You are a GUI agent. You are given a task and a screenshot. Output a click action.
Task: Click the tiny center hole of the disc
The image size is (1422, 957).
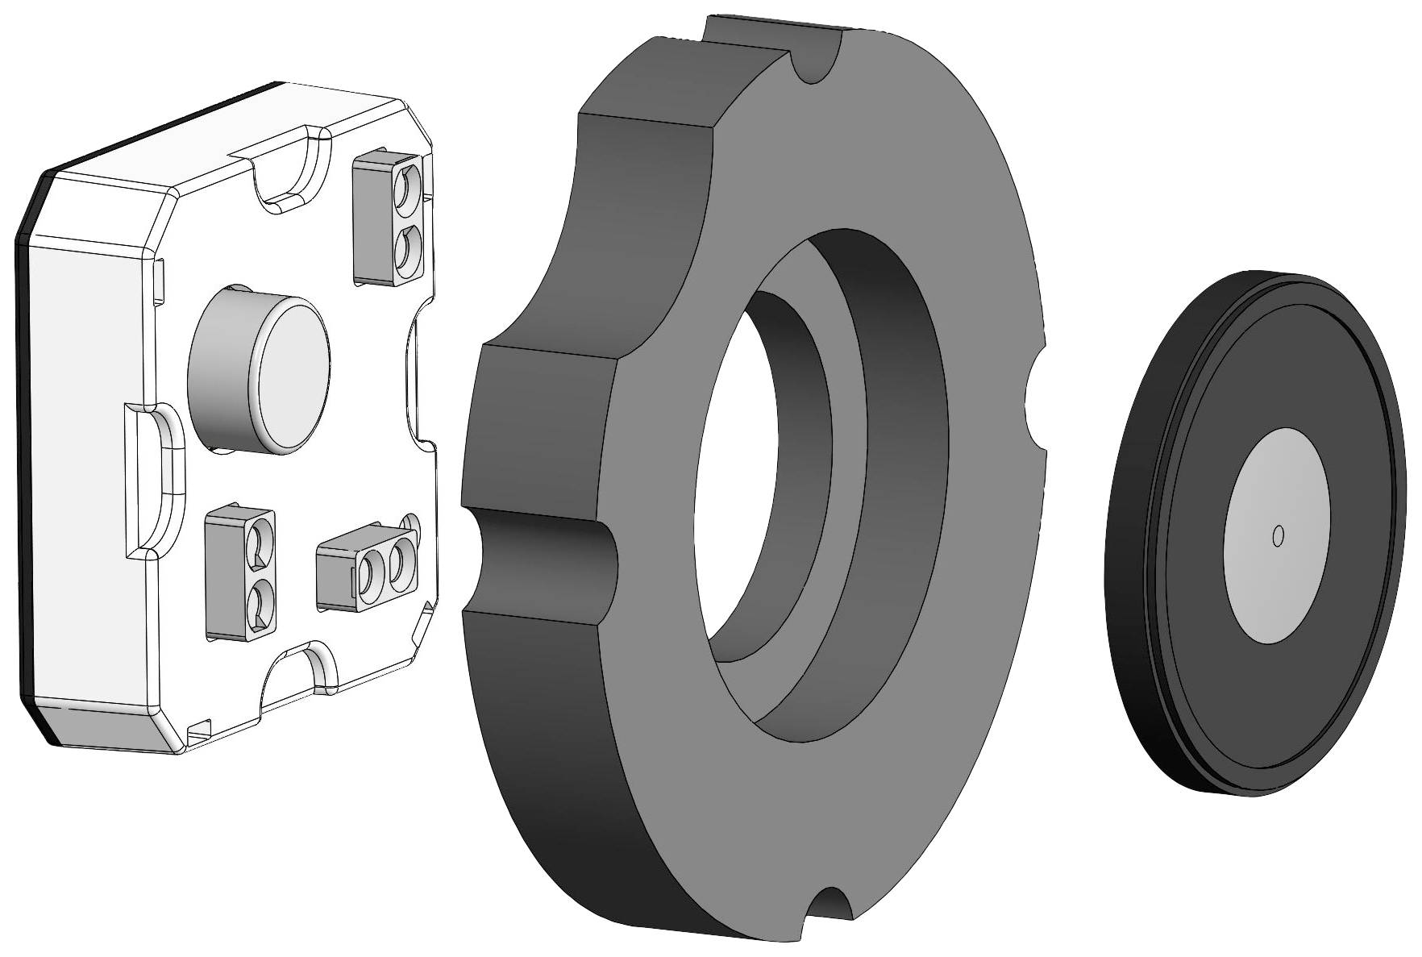1277,535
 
